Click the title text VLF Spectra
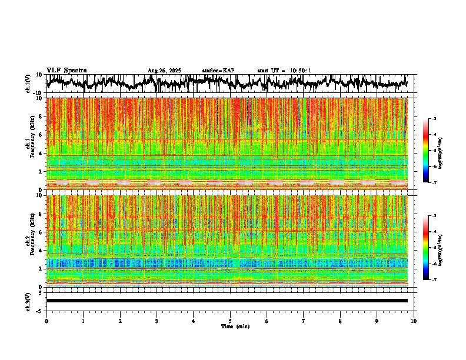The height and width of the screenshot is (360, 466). pyautogui.click(x=66, y=70)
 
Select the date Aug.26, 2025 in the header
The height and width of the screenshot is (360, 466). pyautogui.click(x=164, y=71)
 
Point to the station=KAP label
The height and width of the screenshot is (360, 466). pyautogui.click(x=218, y=71)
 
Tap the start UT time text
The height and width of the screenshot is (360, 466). pyautogui.click(x=284, y=71)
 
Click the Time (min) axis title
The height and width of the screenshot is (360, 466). pyautogui.click(x=235, y=326)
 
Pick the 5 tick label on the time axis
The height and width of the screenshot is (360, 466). pyautogui.click(x=230, y=321)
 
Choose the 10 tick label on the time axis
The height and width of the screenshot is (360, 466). pyautogui.click(x=414, y=321)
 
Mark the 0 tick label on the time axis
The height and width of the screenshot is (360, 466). pyautogui.click(x=46, y=321)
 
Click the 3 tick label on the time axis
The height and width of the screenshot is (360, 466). pyautogui.click(x=157, y=321)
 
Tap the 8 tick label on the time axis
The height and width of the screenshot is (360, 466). pyautogui.click(x=340, y=321)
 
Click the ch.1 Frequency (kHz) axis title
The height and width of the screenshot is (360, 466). pyautogui.click(x=29, y=144)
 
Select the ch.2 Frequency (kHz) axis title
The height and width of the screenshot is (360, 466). pyautogui.click(x=29, y=241)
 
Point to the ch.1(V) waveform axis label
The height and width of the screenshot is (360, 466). pyautogui.click(x=28, y=84)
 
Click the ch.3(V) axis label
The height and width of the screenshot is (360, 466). pyautogui.click(x=28, y=301)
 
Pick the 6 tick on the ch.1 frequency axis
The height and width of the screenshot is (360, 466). pyautogui.click(x=42, y=135)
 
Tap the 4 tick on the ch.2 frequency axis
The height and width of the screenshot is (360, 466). pyautogui.click(x=42, y=250)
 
